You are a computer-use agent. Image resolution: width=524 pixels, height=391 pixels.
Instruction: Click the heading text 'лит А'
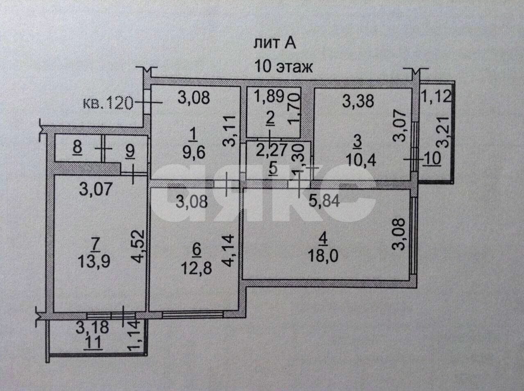275,44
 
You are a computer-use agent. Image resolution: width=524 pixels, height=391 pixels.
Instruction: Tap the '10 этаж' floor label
283,66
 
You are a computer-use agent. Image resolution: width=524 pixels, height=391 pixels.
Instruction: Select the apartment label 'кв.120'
108,103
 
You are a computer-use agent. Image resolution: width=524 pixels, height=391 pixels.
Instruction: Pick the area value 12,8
196,268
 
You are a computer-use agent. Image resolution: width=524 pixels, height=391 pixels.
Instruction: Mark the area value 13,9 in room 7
94,261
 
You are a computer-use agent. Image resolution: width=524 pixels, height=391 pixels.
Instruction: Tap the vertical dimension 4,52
138,246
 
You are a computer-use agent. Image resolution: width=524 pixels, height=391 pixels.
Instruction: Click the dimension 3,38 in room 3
358,101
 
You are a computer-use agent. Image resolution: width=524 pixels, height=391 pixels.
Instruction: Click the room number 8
78,148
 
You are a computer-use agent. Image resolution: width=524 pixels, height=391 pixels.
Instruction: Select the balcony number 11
93,343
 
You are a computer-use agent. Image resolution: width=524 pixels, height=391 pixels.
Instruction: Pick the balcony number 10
432,158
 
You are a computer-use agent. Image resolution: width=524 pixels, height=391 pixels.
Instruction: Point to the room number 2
270,121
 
